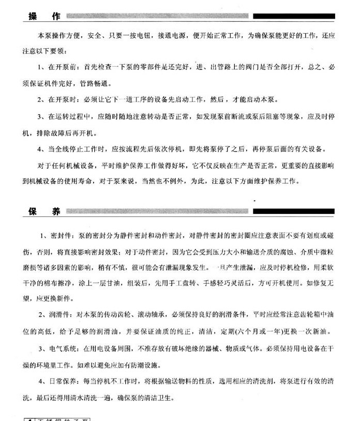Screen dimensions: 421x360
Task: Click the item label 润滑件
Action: (x=62, y=314)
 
